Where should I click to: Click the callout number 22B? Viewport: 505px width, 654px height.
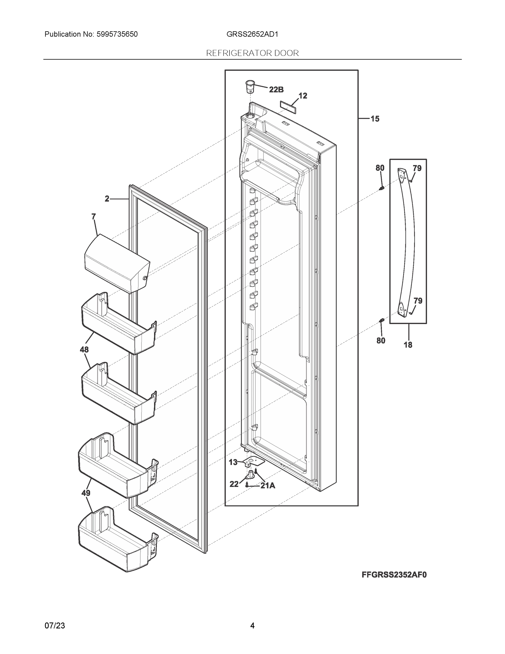[276, 90]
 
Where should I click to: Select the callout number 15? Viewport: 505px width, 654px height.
[375, 119]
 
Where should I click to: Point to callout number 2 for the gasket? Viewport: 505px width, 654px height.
[107, 199]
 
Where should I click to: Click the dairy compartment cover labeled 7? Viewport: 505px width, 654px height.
[117, 263]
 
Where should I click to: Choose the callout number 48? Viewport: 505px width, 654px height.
[84, 349]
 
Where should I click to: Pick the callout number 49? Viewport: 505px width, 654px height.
[86, 493]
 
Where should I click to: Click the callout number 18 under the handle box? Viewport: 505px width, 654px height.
[408, 345]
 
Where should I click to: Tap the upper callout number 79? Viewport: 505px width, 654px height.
[417, 168]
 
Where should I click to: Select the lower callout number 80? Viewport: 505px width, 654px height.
[381, 340]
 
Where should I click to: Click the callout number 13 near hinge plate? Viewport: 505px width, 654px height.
[233, 462]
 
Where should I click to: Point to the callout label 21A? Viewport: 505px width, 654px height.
[268, 486]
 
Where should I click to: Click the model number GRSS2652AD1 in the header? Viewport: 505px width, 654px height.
[252, 34]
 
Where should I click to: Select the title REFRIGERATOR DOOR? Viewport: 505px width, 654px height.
[252, 53]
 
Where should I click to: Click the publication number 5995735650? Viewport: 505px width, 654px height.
[117, 34]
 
